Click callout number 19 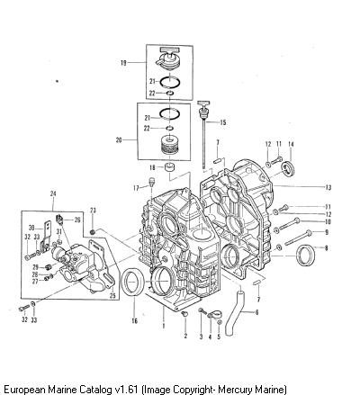[x=123, y=63]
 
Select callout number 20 [x=119, y=139]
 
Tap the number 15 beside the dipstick [x=223, y=122]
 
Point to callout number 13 [x=328, y=187]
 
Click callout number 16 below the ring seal [x=135, y=321]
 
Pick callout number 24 [x=53, y=194]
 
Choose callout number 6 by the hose [x=256, y=312]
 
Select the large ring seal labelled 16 [x=133, y=283]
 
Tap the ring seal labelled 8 [x=305, y=256]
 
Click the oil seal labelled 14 [x=288, y=168]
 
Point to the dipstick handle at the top [x=202, y=103]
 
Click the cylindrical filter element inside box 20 [x=169, y=146]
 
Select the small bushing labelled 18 [x=170, y=167]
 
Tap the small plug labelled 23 [x=93, y=232]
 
